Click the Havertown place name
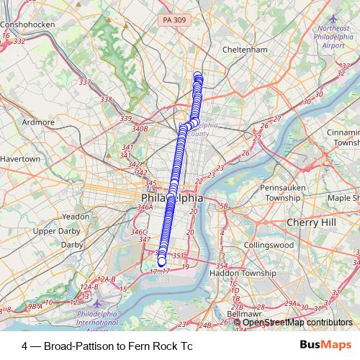click(19, 158)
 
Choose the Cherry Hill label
click(311, 222)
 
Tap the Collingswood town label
click(269, 245)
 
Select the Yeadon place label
click(76, 216)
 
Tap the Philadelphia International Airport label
click(102, 318)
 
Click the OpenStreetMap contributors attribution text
click(297, 322)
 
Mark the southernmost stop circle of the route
click(161, 261)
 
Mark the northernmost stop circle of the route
click(198, 75)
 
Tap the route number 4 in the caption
click(25, 346)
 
